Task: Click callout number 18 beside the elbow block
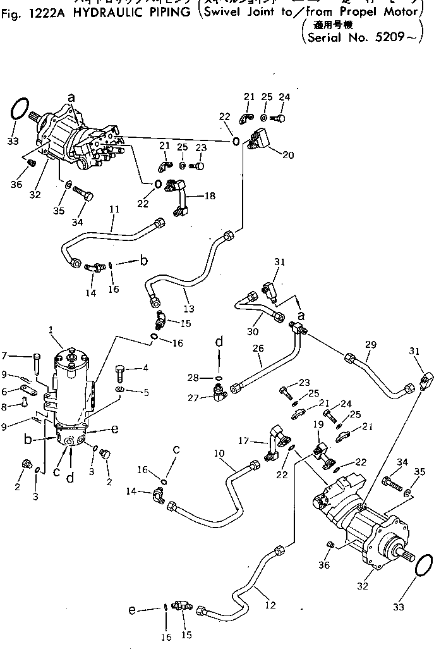tap(209, 196)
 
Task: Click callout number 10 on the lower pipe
tap(219, 454)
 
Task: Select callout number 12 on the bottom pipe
tap(270, 605)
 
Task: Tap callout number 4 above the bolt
tap(146, 368)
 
